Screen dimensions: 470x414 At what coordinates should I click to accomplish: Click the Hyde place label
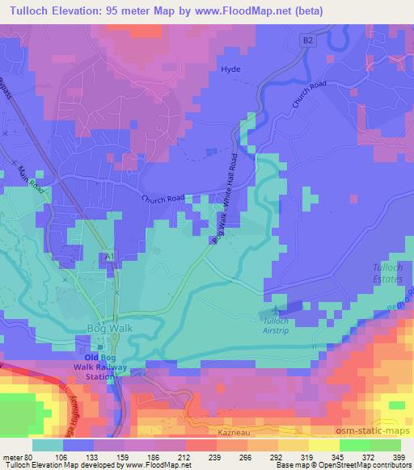[x=230, y=70]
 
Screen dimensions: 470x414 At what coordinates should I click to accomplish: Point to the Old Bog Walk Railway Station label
[x=109, y=366]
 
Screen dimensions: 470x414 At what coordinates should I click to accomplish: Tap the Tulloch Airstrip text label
[x=277, y=324]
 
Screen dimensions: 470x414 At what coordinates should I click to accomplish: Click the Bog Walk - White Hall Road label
[x=226, y=198]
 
